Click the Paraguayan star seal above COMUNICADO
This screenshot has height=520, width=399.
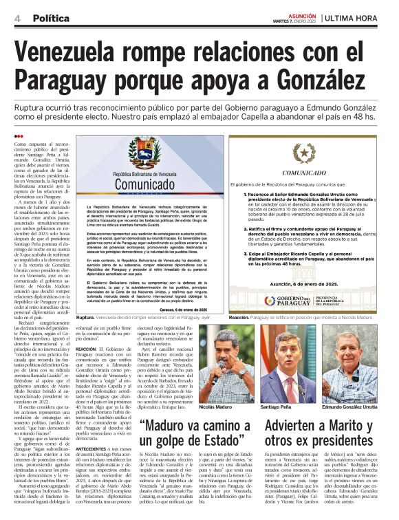point(303,153)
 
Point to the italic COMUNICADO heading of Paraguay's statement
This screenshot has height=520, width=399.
point(303,173)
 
